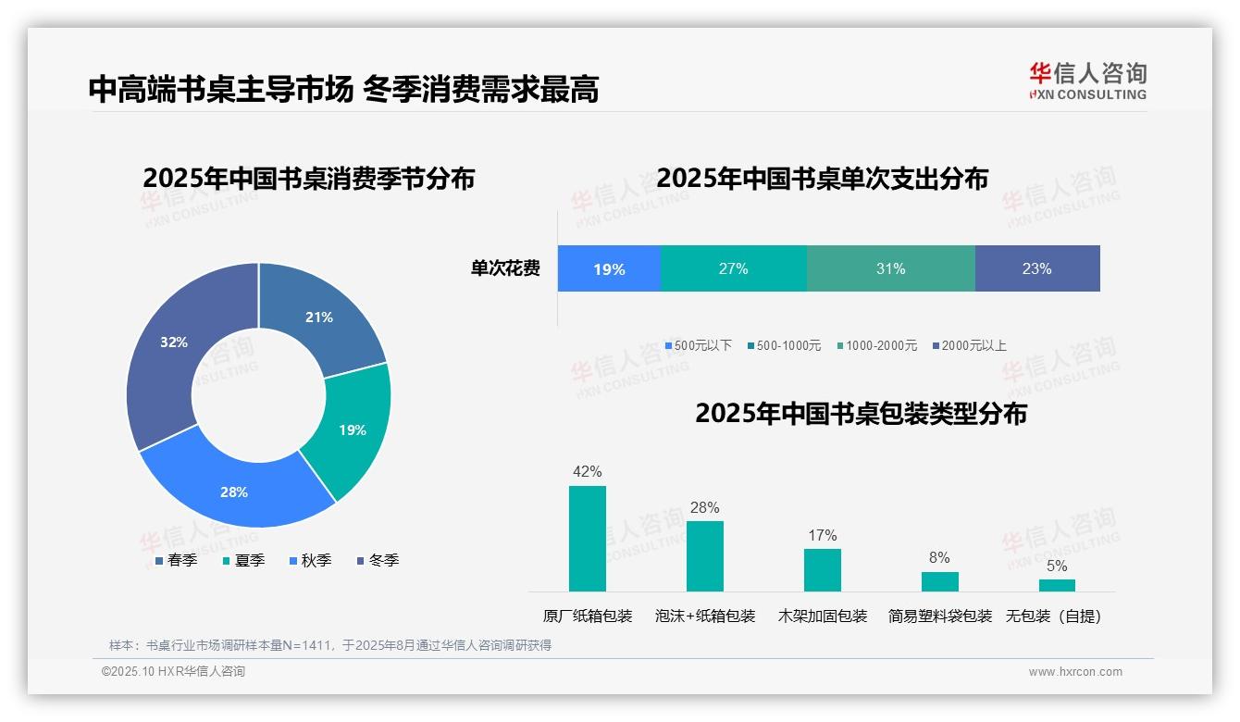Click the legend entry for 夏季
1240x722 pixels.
click(x=244, y=560)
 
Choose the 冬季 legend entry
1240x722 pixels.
click(x=378, y=560)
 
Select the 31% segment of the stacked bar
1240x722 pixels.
click(x=890, y=268)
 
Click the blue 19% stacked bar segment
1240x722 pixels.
click(x=609, y=268)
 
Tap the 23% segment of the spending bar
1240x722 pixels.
click(x=1036, y=268)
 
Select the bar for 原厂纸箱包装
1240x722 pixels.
click(x=587, y=538)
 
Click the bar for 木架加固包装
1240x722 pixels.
click(x=822, y=569)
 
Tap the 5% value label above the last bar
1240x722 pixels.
click(x=1056, y=566)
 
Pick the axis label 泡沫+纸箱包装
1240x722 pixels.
click(x=704, y=616)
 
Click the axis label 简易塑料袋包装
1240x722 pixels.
click(x=939, y=616)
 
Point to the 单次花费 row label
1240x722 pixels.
click(x=505, y=268)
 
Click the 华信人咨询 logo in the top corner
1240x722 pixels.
click(x=1087, y=80)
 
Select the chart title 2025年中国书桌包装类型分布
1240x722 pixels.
click(x=861, y=413)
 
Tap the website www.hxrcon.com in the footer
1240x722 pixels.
click(x=1074, y=671)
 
